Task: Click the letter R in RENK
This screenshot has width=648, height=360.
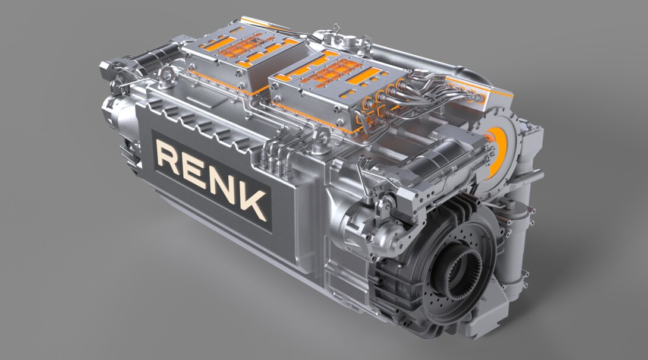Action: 168,157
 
